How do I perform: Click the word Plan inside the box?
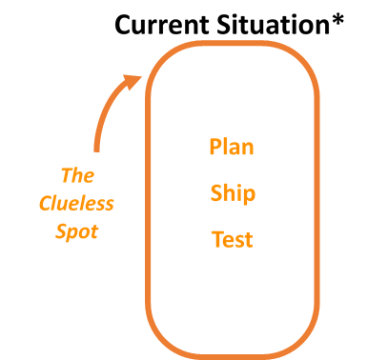(x=233, y=148)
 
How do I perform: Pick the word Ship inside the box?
(x=233, y=194)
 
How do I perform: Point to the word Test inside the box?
(x=233, y=239)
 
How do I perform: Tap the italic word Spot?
(x=76, y=232)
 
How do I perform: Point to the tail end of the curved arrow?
(x=97, y=148)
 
